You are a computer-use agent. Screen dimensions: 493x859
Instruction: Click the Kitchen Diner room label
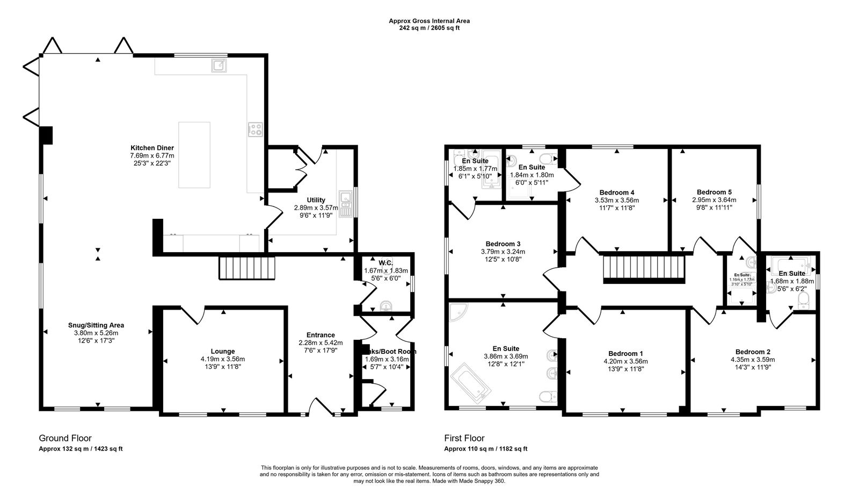[x=152, y=148]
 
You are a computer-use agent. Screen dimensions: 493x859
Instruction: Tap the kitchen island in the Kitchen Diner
[x=194, y=155]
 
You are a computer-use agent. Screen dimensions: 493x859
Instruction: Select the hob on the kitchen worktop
[x=256, y=129]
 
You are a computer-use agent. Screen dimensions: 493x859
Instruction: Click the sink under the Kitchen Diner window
[x=219, y=66]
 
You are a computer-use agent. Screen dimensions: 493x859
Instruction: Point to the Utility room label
[x=316, y=200]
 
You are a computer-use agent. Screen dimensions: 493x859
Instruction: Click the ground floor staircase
[x=247, y=268]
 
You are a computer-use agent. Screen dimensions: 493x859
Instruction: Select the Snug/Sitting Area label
[x=96, y=325]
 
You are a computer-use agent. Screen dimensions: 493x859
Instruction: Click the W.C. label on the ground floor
[x=385, y=263]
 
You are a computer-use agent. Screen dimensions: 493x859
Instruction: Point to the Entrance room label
[x=321, y=335]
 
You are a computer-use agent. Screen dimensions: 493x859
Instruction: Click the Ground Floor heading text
[x=65, y=438]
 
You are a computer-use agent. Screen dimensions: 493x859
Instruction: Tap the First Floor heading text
[x=464, y=438]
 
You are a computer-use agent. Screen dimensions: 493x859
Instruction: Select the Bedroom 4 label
[x=617, y=192]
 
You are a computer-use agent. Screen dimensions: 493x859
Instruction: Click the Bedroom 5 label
[x=714, y=192]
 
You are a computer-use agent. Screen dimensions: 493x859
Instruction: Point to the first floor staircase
[x=645, y=268]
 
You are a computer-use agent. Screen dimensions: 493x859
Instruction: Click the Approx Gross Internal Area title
[x=429, y=21]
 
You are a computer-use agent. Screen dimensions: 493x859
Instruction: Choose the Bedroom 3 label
[x=503, y=244]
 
